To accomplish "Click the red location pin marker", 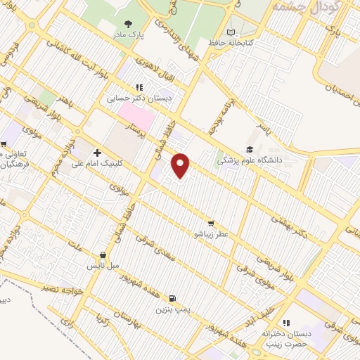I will click(181, 165).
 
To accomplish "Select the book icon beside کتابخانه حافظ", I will click(231, 32).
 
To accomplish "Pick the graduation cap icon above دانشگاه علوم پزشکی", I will click(249, 149).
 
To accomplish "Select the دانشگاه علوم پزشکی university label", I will click(249, 160).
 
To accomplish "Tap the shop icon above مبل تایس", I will click(103, 256).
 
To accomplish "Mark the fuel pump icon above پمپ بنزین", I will click(173, 298).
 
